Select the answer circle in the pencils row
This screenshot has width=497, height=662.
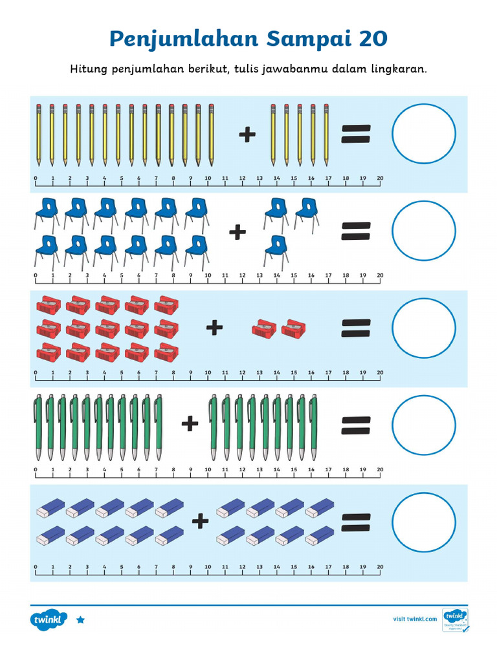coord(424,133)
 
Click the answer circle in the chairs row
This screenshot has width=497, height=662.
coord(424,231)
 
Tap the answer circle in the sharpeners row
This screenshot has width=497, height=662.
coord(424,328)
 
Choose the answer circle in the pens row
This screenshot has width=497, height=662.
coord(424,425)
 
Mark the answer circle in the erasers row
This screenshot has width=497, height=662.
coord(424,522)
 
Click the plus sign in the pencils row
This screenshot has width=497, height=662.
coord(247,134)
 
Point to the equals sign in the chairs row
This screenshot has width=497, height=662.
coord(355,231)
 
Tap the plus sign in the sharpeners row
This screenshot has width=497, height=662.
coord(214,328)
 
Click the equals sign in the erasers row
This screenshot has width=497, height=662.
coord(355,522)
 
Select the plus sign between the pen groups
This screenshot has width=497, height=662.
coord(190,424)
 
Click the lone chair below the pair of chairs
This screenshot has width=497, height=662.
coord(276,249)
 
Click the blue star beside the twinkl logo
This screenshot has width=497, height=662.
coord(80,619)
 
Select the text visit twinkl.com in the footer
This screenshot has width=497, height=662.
coord(415,619)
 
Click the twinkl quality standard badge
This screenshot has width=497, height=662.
coord(456,619)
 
